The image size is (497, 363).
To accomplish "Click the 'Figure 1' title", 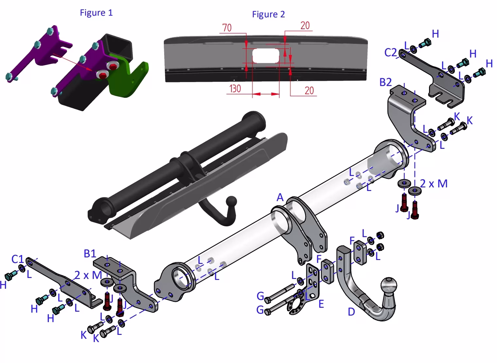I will point(96,13).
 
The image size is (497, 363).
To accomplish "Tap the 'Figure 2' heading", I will point(268,14).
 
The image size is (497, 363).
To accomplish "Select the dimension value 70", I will point(227,28).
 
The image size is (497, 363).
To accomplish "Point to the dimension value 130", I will point(235,89).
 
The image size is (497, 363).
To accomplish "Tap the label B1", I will point(90,253).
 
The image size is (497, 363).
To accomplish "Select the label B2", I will point(386,82).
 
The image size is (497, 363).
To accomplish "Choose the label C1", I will point(17,259).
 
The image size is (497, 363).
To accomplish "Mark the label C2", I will point(390,52).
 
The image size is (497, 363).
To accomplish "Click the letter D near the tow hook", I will point(351,312).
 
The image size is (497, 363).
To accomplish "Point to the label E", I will point(321,304).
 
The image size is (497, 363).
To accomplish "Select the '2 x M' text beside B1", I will point(88,275).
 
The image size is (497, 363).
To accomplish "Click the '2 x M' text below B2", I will point(434,184).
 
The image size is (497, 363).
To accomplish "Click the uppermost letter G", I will point(260,296).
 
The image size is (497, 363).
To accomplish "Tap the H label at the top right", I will point(435,34).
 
